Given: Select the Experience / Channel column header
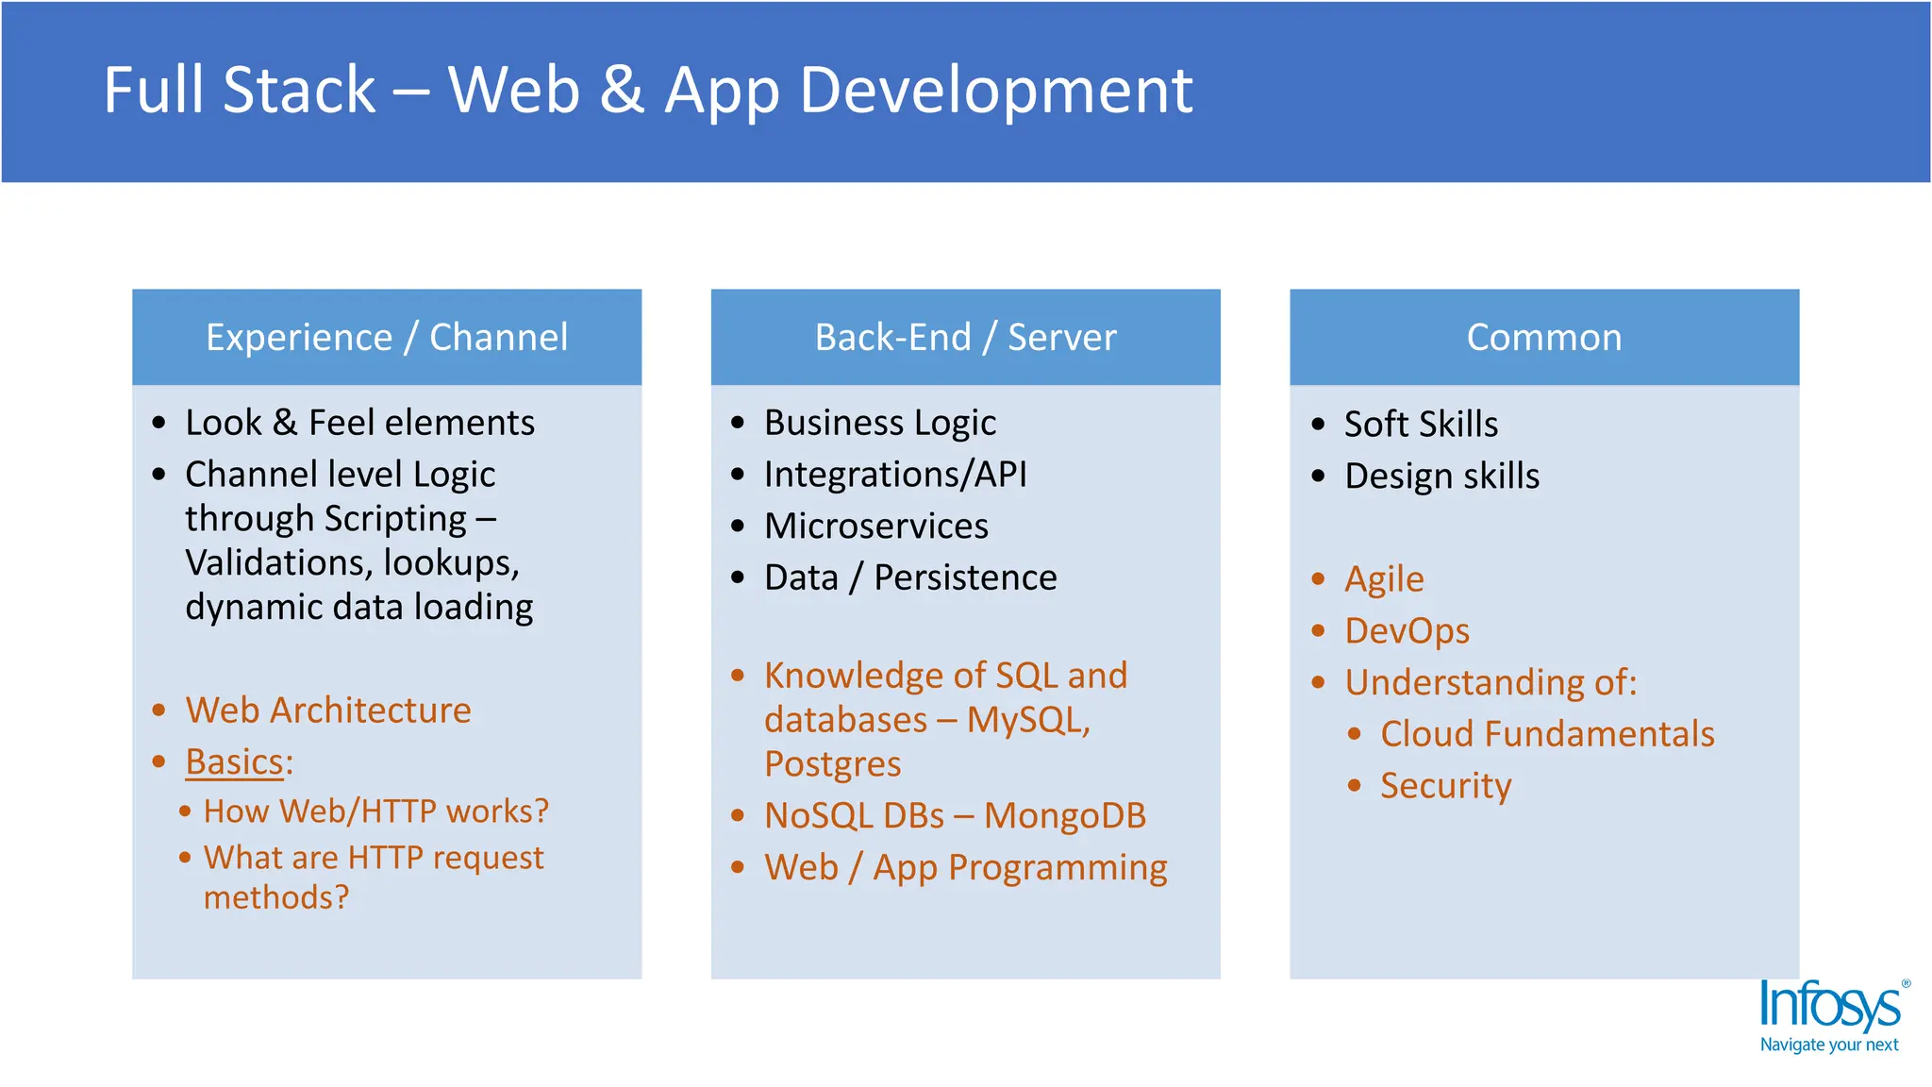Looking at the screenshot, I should (387, 338).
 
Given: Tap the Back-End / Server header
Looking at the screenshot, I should (965, 338).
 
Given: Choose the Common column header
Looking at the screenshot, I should (1543, 338).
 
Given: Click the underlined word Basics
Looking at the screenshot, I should (234, 762).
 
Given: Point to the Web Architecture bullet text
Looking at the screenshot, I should (327, 711).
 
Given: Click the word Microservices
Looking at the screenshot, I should (875, 527).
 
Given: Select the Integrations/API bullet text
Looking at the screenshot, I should (894, 475).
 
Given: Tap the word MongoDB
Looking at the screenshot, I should (1064, 816).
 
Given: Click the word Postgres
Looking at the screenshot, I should (832, 764).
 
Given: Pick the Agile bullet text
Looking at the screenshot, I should (1383, 579).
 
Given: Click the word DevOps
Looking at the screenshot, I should (1406, 631).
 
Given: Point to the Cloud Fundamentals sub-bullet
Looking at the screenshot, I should (1546, 734).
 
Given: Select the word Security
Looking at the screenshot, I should (1444, 786).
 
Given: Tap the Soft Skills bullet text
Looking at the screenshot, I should (1420, 425).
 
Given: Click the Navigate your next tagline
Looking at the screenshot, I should (1828, 1045).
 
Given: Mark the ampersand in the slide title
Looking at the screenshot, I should (622, 92).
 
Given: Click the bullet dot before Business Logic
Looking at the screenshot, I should (738, 423).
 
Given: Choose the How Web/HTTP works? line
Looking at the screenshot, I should (375, 811).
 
